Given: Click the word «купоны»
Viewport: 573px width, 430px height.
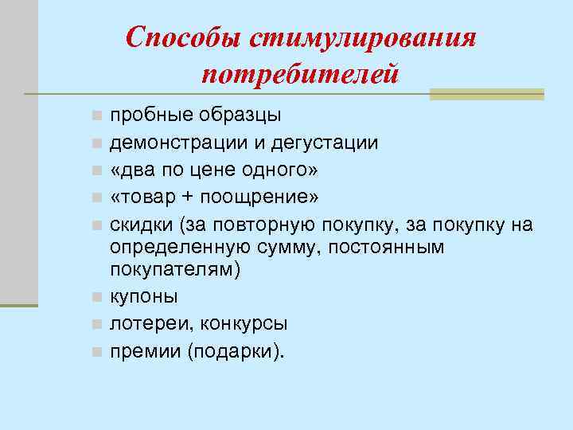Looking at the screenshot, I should click(144, 297).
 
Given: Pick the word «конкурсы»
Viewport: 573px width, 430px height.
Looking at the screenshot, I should click(244, 324).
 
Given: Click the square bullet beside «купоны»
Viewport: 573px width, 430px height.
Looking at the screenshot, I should click(96, 298).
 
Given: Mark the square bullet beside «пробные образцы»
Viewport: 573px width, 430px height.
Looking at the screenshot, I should click(96, 116).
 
